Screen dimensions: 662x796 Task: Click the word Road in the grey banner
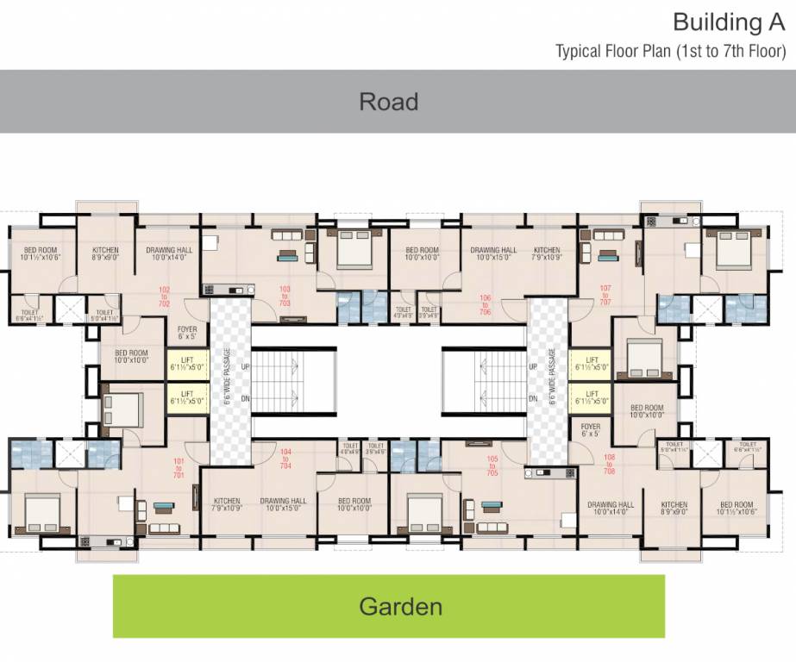(x=388, y=102)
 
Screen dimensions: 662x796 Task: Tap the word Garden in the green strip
(x=400, y=606)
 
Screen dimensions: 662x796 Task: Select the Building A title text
(x=729, y=22)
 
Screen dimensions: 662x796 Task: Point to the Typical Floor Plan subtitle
(x=670, y=51)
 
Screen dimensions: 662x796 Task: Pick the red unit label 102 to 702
(x=164, y=297)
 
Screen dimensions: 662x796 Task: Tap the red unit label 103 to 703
(x=284, y=297)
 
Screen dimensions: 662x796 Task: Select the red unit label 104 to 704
(x=284, y=458)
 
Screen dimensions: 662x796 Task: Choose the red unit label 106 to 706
(x=486, y=304)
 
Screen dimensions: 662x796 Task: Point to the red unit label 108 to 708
(x=610, y=463)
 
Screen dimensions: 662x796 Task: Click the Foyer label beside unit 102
(x=187, y=333)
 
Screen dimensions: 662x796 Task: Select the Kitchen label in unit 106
(x=547, y=253)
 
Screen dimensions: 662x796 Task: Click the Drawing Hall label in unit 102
(x=168, y=253)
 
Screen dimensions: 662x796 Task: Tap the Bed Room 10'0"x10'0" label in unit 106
(x=423, y=253)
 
